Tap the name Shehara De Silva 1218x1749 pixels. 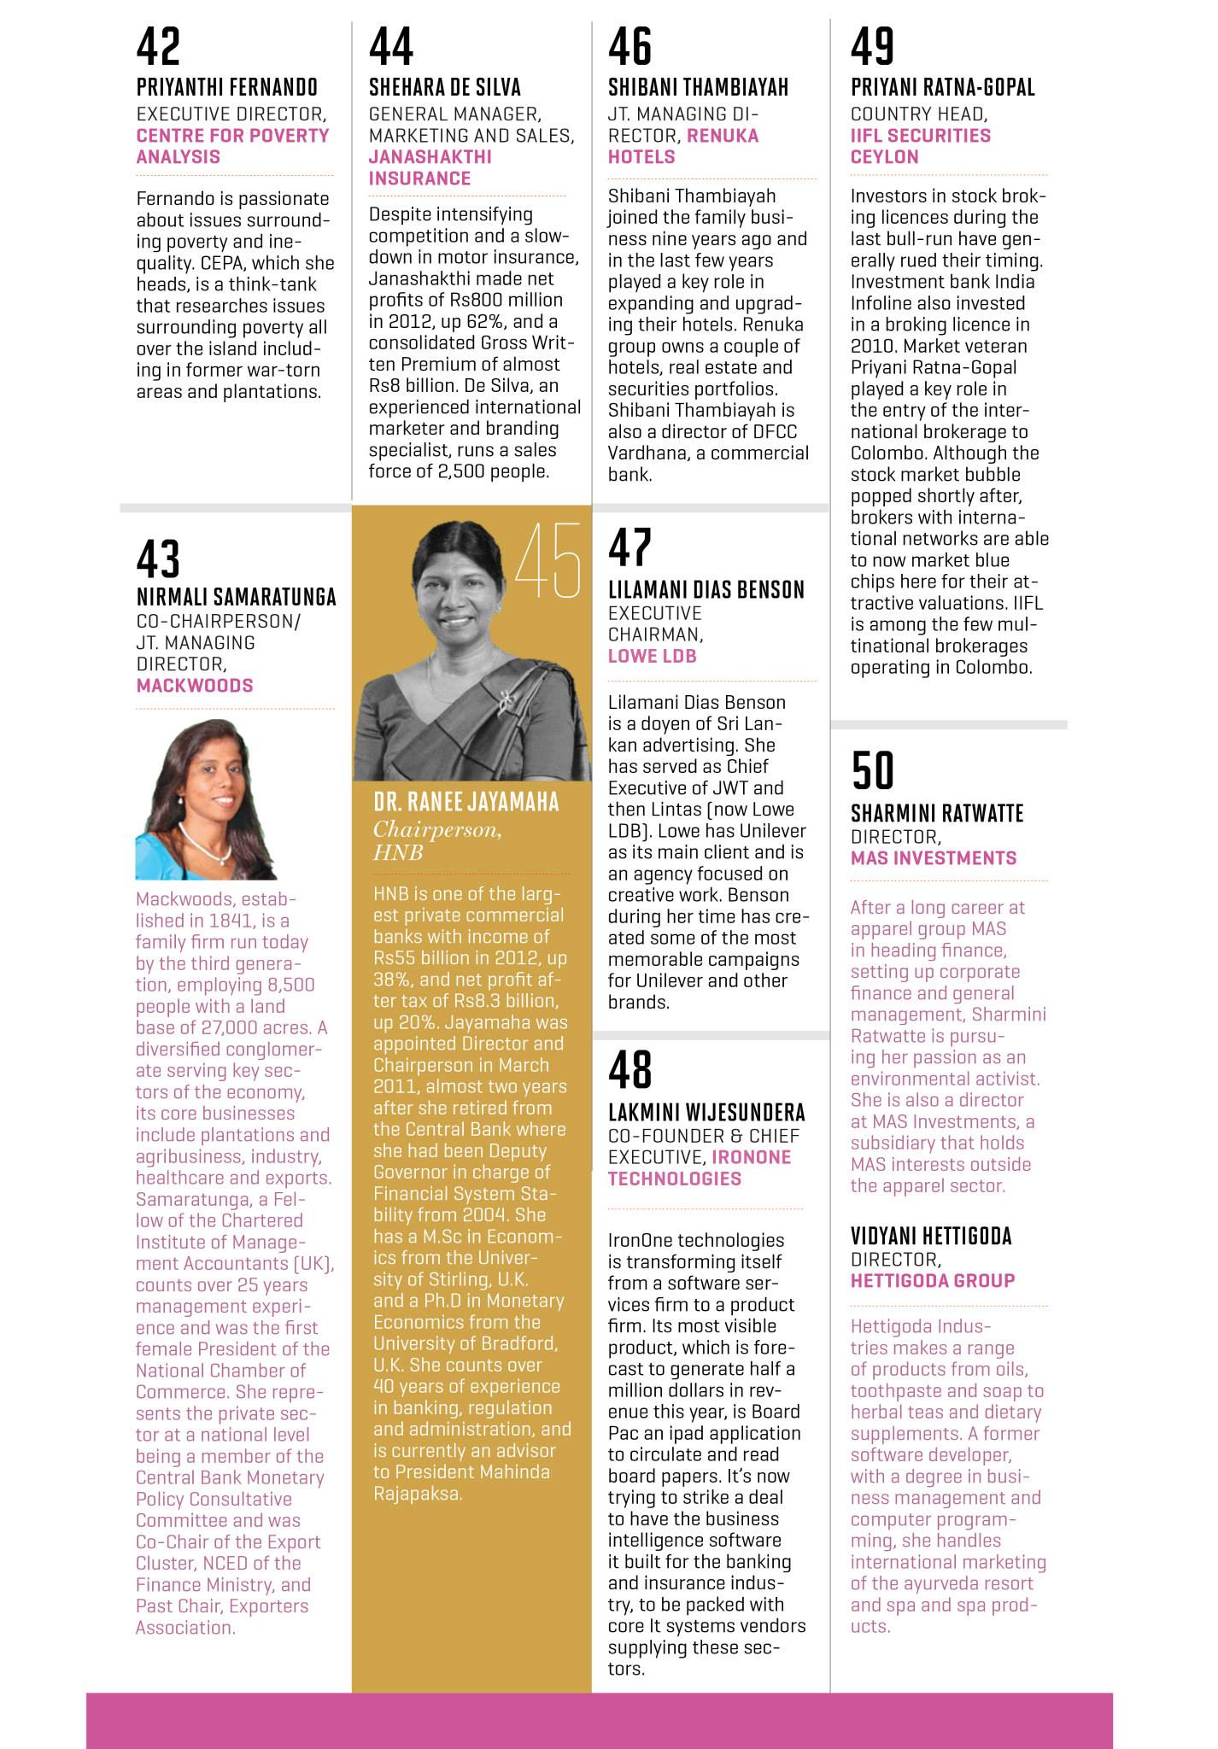tap(444, 87)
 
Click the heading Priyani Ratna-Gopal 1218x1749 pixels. tap(942, 87)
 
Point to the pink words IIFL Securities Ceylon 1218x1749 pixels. tap(920, 146)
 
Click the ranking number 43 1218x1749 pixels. tap(158, 559)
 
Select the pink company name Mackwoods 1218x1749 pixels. tap(195, 685)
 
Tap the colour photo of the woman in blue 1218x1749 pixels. tap(206, 800)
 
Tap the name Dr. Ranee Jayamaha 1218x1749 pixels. tap(466, 801)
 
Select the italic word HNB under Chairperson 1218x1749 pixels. tap(398, 852)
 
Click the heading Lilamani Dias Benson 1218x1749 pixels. tap(706, 589)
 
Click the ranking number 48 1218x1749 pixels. tap(629, 1069)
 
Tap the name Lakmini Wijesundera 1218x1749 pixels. tap(706, 1112)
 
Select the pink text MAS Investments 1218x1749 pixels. tap(933, 857)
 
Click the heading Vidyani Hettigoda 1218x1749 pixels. tap(931, 1235)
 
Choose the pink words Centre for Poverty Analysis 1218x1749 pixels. tap(232, 146)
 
